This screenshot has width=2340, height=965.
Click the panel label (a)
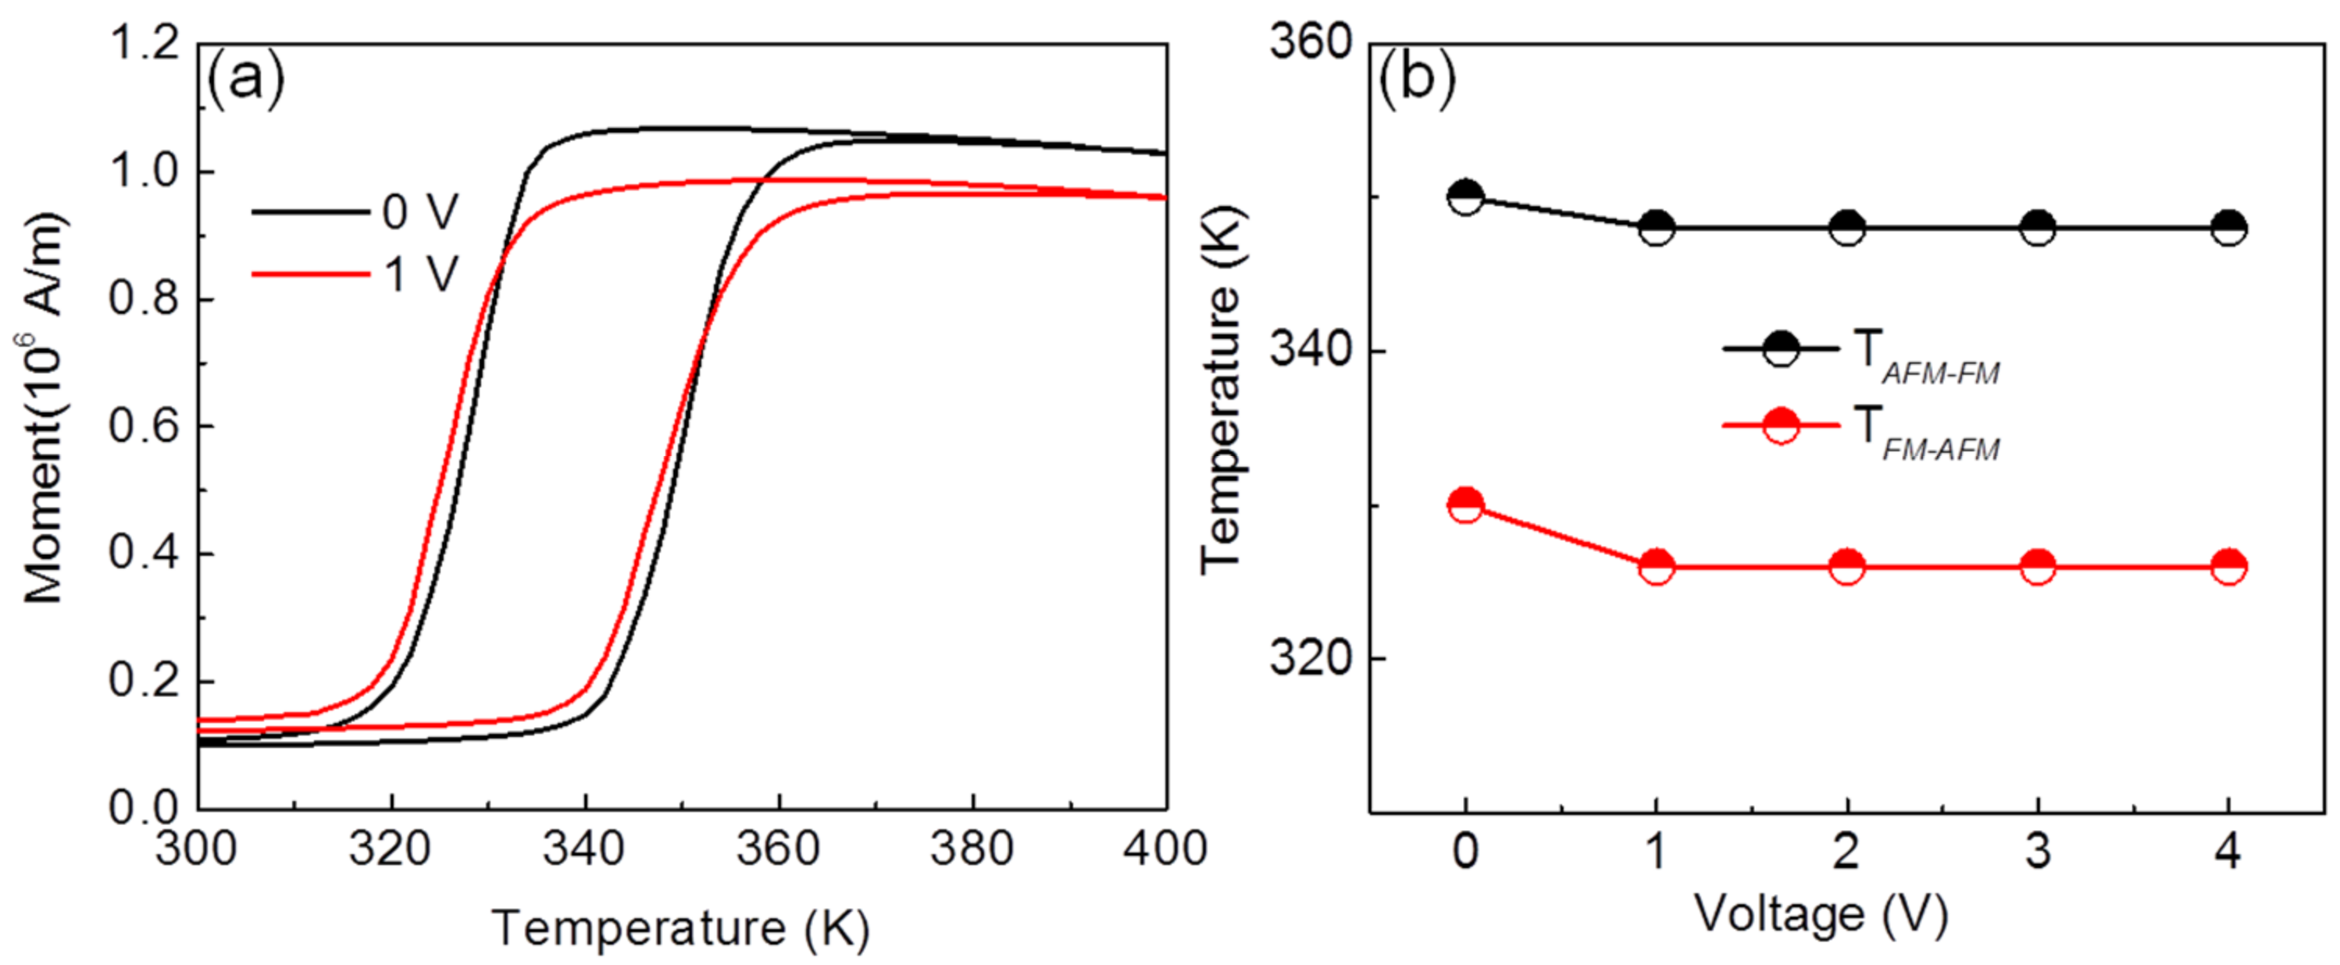coord(245,80)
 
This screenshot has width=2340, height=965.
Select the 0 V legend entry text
coord(420,212)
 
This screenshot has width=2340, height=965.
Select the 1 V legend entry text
coord(420,274)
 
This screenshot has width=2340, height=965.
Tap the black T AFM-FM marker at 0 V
coord(1465,196)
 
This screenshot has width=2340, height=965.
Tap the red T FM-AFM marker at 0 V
coord(1465,504)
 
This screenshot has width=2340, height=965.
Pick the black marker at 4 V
coord(2229,227)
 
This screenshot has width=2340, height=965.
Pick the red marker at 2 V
coord(1846,567)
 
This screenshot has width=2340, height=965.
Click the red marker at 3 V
coord(2038,567)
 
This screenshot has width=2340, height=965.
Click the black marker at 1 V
coord(1657,227)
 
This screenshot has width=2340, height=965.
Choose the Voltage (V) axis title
coord(1821,914)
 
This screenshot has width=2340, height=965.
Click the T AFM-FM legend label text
coord(1926,357)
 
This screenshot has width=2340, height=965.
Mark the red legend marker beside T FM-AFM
coord(1781,426)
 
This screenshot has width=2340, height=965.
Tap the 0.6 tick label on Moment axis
coord(144,426)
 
